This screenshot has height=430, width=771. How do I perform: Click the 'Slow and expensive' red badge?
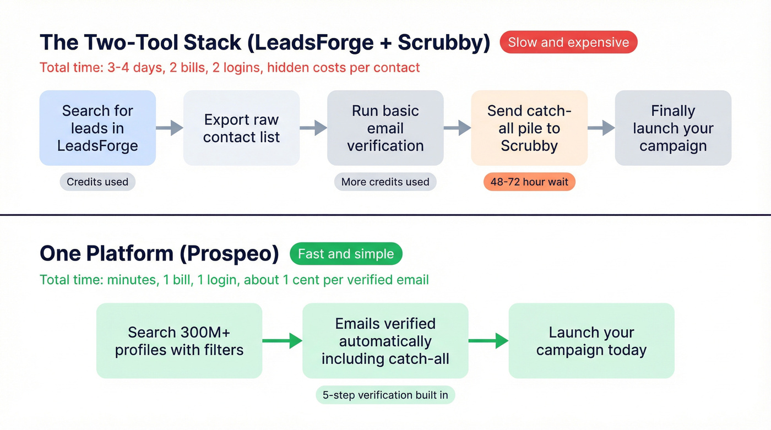pyautogui.click(x=568, y=42)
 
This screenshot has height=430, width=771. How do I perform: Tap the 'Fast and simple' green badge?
pyautogui.click(x=346, y=254)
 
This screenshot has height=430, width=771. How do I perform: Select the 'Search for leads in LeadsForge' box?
pyautogui.click(x=97, y=128)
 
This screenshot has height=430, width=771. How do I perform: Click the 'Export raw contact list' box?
pyautogui.click(x=241, y=128)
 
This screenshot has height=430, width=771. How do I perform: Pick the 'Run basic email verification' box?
pyautogui.click(x=385, y=128)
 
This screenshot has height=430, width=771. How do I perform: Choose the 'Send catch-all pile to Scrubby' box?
pyautogui.click(x=529, y=128)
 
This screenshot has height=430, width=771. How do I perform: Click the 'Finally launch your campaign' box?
pyautogui.click(x=673, y=128)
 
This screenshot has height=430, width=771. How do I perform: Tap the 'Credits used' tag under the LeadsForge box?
pyautogui.click(x=97, y=182)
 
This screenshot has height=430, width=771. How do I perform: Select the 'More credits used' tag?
pyautogui.click(x=385, y=182)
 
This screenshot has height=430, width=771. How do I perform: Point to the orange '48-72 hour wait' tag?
pyautogui.click(x=529, y=182)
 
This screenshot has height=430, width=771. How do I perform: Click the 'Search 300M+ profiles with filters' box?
pyautogui.click(x=179, y=341)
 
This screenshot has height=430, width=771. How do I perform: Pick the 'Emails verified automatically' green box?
pyautogui.click(x=385, y=341)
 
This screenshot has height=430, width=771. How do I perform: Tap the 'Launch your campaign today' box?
pyautogui.click(x=591, y=341)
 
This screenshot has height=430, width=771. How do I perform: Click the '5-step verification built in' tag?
pyautogui.click(x=385, y=395)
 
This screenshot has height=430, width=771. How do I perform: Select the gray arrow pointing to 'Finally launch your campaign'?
pyautogui.click(x=601, y=128)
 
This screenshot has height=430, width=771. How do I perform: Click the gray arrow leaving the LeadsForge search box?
pyautogui.click(x=170, y=128)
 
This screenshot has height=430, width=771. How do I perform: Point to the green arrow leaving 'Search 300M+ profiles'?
pyautogui.click(x=282, y=341)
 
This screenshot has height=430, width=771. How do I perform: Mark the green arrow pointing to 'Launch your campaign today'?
pyautogui.click(x=488, y=341)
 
